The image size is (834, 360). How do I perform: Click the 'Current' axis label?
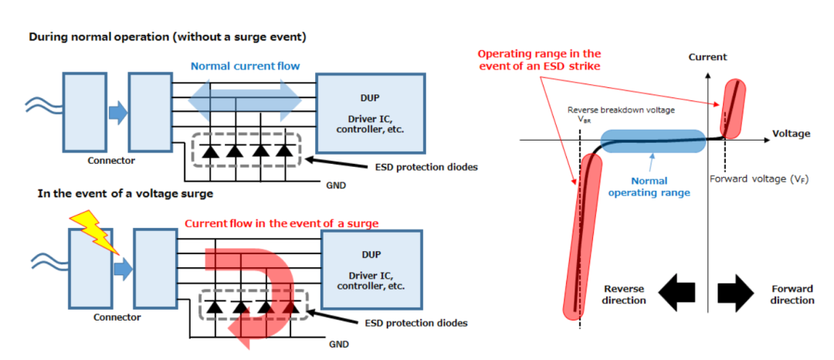[x=708, y=57]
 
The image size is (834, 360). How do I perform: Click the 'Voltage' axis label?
[x=791, y=134]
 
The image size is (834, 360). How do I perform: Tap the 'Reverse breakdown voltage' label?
[x=621, y=110]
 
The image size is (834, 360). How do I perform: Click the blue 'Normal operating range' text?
[x=649, y=188]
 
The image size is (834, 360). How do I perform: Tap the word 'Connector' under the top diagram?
[x=111, y=161]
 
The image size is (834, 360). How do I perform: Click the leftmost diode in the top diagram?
[x=209, y=151]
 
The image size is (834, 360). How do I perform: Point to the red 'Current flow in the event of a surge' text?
[x=281, y=223]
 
